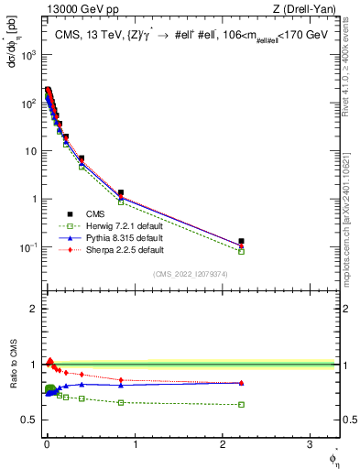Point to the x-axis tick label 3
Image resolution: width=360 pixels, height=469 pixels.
tap(311, 445)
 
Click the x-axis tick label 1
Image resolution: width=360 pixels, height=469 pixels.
tap(135, 445)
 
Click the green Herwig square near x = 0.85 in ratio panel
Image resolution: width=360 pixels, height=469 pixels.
tap(121, 402)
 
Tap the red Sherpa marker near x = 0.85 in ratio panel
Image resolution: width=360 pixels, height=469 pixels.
tap(121, 379)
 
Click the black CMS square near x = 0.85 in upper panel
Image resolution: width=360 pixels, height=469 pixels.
tap(121, 193)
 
